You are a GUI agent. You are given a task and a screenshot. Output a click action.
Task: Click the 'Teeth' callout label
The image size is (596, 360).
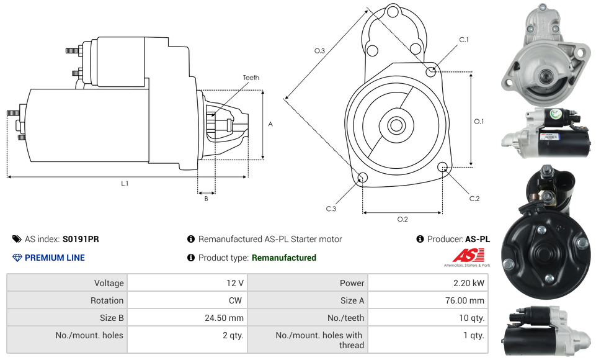[x=251, y=78]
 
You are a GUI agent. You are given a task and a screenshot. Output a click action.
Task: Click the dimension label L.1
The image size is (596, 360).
[x=125, y=184]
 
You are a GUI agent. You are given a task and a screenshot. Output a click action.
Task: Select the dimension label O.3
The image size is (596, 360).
[x=320, y=51]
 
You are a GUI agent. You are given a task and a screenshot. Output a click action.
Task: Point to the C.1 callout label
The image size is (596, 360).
[x=463, y=40]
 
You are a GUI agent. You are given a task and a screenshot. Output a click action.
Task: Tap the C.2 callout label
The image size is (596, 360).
[x=474, y=199]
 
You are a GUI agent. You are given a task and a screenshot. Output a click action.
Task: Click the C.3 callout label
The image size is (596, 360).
[x=331, y=209]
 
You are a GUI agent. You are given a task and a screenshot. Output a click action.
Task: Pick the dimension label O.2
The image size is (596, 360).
[x=403, y=219]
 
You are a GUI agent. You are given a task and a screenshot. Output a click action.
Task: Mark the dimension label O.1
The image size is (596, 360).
[x=479, y=121]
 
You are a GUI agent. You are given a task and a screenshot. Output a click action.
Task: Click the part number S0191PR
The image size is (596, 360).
[x=81, y=239]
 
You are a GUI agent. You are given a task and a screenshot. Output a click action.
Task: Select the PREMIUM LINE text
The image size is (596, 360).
[x=55, y=258]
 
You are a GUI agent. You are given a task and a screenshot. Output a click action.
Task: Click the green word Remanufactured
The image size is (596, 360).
[x=284, y=258]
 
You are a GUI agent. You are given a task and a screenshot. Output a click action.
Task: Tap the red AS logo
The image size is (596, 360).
[x=468, y=255]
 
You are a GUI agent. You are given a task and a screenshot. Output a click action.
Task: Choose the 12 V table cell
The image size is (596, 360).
[x=235, y=283]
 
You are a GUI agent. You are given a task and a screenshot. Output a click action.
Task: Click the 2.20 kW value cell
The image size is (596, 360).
[x=470, y=283]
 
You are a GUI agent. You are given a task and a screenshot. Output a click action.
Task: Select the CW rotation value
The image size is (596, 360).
[x=236, y=300]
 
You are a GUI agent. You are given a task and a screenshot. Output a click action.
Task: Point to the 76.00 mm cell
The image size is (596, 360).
[x=465, y=300]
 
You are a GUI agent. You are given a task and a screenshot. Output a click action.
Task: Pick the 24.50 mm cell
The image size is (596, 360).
[x=225, y=318]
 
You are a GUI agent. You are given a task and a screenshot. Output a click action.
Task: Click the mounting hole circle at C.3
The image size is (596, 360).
[x=363, y=179]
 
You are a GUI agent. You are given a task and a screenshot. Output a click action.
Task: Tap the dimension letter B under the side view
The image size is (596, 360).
[x=206, y=199]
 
